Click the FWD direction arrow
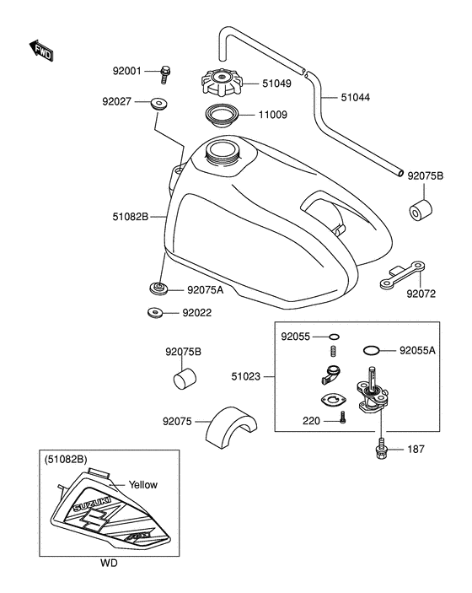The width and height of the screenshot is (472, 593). pos(41,51)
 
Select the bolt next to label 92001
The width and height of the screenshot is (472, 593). pos(164,74)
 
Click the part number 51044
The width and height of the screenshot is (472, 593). pos(355,98)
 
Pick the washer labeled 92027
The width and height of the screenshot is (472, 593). pos(158,103)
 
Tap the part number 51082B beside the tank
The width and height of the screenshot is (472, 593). pos(131,217)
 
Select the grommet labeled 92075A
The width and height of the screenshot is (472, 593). pos(158,289)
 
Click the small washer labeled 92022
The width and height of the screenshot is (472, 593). pos(154,313)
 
